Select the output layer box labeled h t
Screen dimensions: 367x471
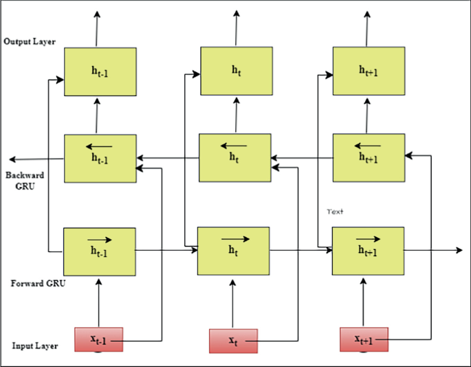(236, 70)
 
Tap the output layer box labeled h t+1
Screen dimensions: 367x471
(369, 70)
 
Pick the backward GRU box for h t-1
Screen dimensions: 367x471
(100, 158)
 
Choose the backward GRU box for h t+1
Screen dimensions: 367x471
(369, 157)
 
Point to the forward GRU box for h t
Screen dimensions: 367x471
(234, 250)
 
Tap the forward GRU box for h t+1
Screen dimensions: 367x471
(368, 250)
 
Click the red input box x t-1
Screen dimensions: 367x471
(99, 340)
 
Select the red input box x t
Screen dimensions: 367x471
(233, 340)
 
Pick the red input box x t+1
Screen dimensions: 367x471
(364, 340)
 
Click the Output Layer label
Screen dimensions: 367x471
(30, 42)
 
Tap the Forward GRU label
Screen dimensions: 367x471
(39, 283)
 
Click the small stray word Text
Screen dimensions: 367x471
(334, 212)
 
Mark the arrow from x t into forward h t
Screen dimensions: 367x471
(233, 302)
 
